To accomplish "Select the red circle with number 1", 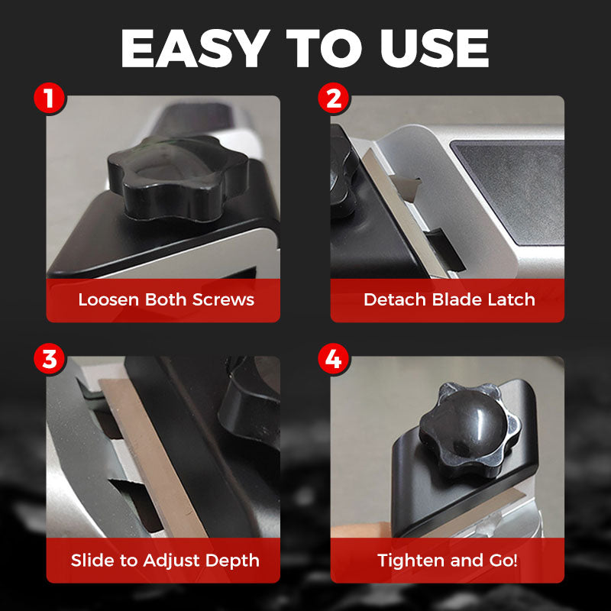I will tap(50, 99).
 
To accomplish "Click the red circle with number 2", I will tap(334, 99).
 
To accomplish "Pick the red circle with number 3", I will tap(50, 360).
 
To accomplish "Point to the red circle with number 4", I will tap(334, 360).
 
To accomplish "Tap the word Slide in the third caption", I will tap(92, 560).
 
